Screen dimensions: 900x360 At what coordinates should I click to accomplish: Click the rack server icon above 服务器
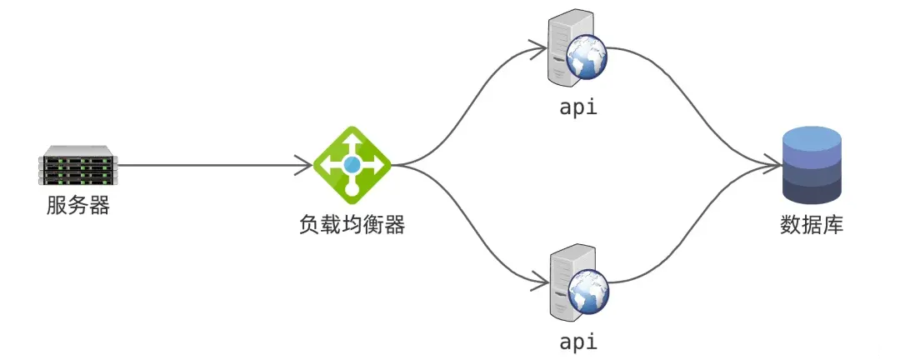tap(77, 165)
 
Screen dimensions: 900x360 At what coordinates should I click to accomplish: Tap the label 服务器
tap(77, 205)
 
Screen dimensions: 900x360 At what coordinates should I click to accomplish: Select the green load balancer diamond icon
tap(352, 165)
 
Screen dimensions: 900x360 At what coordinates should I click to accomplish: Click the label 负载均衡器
tap(352, 224)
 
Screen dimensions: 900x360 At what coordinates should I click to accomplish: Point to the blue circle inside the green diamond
tap(352, 165)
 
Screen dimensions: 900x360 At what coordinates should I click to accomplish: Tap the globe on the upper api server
tap(587, 58)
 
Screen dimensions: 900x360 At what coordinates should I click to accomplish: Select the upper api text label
tap(578, 107)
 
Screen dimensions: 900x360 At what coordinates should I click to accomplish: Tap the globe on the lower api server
tap(587, 292)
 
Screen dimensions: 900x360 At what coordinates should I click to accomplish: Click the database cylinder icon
tap(812, 165)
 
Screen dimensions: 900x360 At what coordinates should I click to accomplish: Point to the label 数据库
tap(812, 224)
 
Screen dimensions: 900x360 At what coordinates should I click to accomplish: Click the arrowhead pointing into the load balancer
tap(304, 165)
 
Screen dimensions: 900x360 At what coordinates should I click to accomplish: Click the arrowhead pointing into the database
tap(773, 165)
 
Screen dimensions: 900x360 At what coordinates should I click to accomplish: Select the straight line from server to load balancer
tap(215, 165)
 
